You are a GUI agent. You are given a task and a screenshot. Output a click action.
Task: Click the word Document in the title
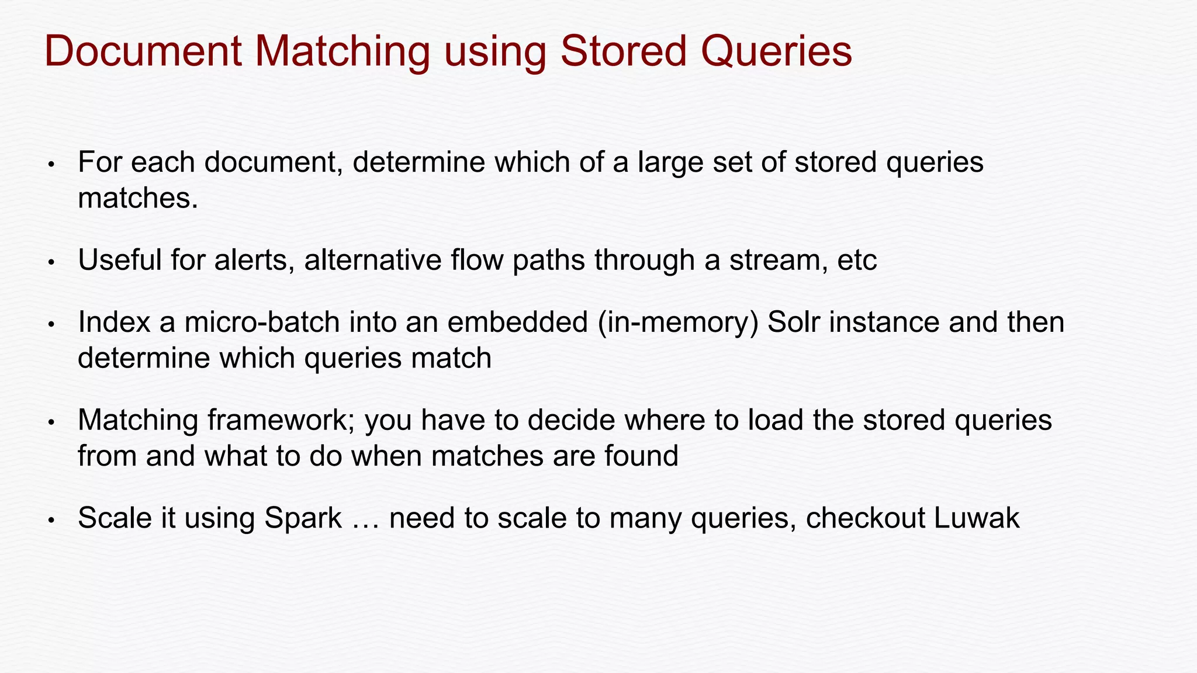pyautogui.click(x=143, y=51)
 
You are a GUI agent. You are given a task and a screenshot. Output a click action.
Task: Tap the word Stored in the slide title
pyautogui.click(x=623, y=51)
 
